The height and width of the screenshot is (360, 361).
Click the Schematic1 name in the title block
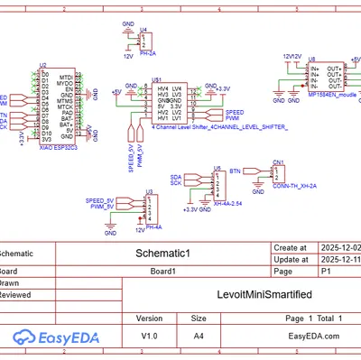click(163, 254)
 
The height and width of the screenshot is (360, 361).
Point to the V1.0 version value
click(149, 336)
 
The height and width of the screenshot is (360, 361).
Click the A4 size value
click(199, 336)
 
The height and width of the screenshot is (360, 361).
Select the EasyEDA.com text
click(312, 336)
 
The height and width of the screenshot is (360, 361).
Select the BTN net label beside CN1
click(236, 170)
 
